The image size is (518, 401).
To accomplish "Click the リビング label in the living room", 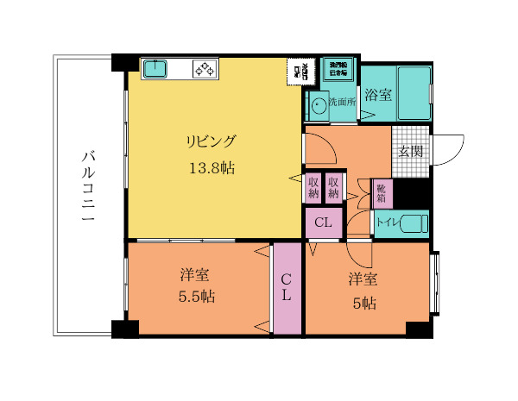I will [x=209, y=141].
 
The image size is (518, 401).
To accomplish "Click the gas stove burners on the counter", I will [x=205, y=69].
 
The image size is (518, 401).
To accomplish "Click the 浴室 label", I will [x=377, y=95].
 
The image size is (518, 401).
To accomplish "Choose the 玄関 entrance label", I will [x=410, y=150].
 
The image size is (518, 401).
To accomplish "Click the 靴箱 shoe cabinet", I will [x=381, y=192].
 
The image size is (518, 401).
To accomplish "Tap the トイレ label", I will [x=386, y=222].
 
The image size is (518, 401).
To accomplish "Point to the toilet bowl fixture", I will [x=414, y=222].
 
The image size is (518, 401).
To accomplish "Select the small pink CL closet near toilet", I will [x=323, y=222].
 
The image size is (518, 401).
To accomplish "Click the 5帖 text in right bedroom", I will [x=363, y=303].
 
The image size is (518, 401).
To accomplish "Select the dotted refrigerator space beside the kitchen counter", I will [x=300, y=70].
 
